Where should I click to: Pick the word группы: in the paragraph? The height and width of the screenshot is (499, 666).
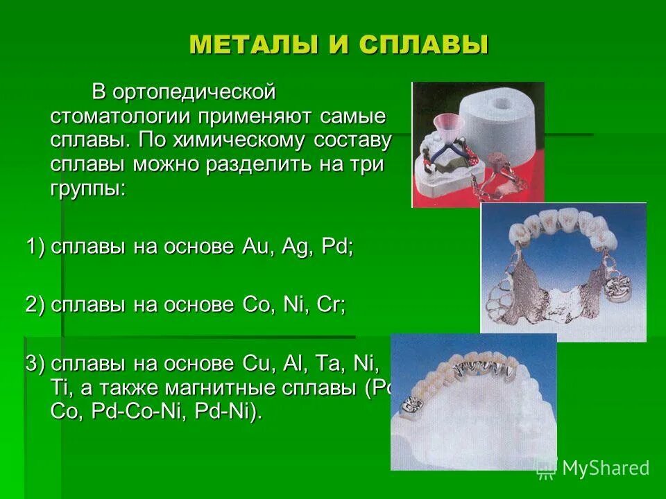click(88, 189)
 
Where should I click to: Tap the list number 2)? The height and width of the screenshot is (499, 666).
click(35, 306)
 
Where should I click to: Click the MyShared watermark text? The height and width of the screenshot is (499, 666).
click(605, 469)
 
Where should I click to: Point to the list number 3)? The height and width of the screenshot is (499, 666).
click(35, 364)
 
